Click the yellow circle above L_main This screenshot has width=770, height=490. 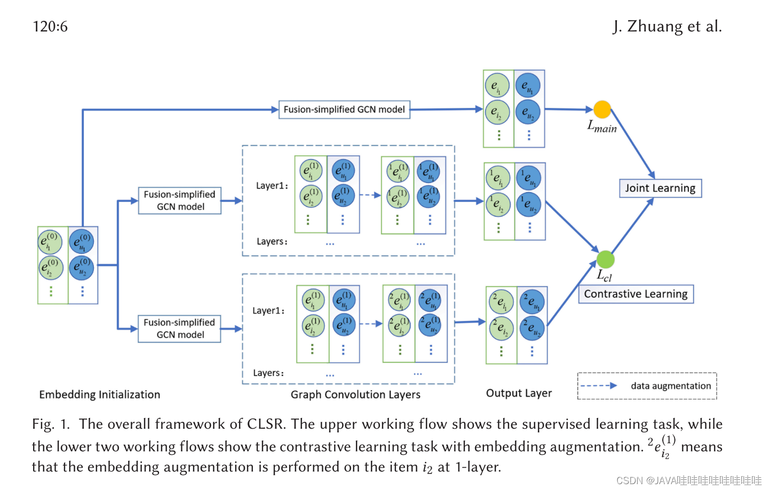pos(602,109)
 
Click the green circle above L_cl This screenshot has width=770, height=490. pos(605,259)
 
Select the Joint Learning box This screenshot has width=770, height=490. pos(660,188)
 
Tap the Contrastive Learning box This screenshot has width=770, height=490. pos(636,294)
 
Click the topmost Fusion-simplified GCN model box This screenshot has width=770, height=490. pos(344,109)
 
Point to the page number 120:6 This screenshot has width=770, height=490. pos(50,26)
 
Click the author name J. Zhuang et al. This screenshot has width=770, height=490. pos(667,26)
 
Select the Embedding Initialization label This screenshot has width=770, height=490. pos(100,395)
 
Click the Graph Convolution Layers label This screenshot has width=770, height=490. pos(355,395)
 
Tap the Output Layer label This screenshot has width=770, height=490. pos(519,393)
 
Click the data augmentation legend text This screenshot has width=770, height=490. pos(671,386)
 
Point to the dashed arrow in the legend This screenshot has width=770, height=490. pos(598,385)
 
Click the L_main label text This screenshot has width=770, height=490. pos(602,127)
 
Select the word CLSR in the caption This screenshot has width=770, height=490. pos(265,424)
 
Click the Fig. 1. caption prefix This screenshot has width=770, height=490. pos(51,424)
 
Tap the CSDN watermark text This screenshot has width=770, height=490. pos(689,480)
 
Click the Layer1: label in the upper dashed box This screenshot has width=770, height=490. pos(272,186)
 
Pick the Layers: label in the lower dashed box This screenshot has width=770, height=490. pos(268,373)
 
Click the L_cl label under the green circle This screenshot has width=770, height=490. pos(604,276)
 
